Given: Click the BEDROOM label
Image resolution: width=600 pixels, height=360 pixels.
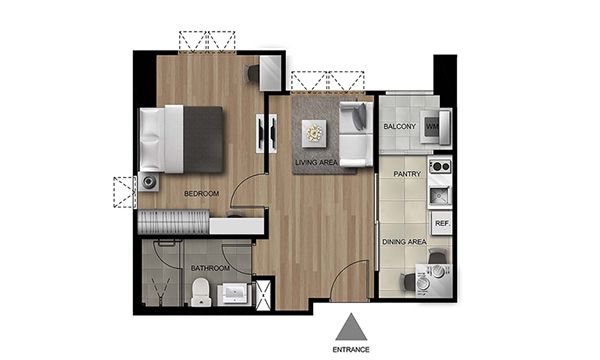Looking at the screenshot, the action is click(x=201, y=194).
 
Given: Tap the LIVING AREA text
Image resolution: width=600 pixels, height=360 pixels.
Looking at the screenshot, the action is click(x=316, y=163).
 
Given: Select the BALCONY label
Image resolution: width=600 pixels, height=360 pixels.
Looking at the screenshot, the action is click(x=399, y=126).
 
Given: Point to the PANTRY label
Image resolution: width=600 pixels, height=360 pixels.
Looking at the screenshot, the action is click(x=407, y=174).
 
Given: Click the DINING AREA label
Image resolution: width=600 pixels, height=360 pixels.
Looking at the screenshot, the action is click(x=404, y=242).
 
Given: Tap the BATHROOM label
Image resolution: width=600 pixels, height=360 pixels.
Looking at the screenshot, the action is click(x=210, y=268).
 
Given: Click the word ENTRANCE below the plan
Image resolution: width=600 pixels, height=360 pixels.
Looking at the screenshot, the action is click(x=351, y=350).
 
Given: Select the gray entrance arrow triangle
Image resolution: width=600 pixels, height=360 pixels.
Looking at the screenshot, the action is click(x=351, y=327).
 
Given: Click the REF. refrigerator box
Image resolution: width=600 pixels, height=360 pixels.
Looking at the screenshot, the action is click(x=442, y=223).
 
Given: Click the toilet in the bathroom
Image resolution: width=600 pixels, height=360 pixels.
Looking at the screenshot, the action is click(x=201, y=292).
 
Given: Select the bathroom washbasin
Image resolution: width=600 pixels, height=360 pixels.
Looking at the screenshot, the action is click(x=234, y=294).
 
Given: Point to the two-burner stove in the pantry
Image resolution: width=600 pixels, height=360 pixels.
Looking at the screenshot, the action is click(x=440, y=166).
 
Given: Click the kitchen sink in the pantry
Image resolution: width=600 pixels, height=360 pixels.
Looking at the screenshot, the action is click(x=440, y=196).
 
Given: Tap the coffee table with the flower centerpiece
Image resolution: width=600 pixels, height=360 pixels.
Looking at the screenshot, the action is click(x=314, y=133).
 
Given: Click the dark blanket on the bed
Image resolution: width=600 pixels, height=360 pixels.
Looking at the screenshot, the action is click(x=203, y=140).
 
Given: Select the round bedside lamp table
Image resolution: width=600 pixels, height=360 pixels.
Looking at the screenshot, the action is click(x=148, y=182).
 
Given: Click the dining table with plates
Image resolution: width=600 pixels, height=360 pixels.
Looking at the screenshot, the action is click(x=434, y=280).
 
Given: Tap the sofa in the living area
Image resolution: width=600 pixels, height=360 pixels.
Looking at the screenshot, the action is click(x=356, y=134).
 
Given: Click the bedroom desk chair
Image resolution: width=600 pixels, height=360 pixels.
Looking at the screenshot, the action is click(x=253, y=73).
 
